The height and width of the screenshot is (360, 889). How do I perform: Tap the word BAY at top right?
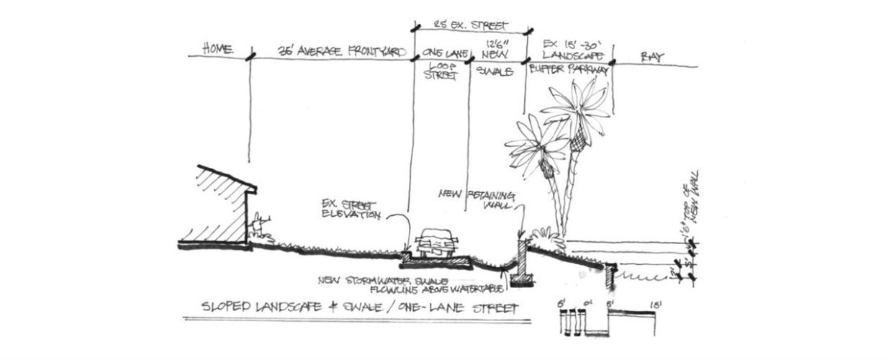click(651, 54)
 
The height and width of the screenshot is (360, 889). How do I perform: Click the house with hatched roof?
click(220, 205)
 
